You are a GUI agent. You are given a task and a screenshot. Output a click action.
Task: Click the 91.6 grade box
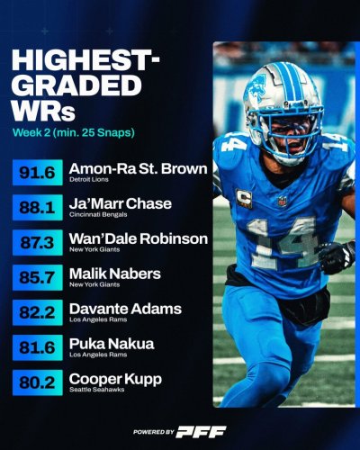[x=38, y=173]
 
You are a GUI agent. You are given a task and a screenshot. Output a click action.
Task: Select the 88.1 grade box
[x=38, y=207]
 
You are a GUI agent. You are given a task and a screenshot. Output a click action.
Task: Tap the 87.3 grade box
[x=38, y=242]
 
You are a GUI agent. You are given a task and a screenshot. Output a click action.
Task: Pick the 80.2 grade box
[x=38, y=382]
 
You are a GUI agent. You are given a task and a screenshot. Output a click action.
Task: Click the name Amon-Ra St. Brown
[x=139, y=169]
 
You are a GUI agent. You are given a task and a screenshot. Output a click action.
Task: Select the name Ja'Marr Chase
[x=121, y=203]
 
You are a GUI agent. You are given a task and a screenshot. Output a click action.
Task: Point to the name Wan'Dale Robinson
[x=139, y=238]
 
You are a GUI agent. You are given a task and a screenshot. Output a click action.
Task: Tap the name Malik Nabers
[x=115, y=274]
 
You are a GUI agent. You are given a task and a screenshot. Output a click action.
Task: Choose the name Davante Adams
[x=125, y=309]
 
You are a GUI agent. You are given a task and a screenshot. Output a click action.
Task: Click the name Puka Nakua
[x=112, y=344]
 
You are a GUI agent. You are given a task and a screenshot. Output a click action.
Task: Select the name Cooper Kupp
[x=115, y=380]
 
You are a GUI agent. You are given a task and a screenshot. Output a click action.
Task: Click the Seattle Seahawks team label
[x=97, y=390]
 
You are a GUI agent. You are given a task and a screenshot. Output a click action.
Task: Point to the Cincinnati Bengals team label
[x=98, y=214]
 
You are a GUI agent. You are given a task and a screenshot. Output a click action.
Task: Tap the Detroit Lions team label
[x=89, y=179]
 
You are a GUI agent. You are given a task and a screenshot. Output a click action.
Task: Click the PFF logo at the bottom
[x=201, y=432]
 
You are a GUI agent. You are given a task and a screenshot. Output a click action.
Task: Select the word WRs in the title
[x=43, y=112]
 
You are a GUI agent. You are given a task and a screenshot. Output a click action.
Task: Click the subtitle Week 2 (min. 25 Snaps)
[x=74, y=132]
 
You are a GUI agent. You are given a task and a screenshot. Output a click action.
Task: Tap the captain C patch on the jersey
[x=244, y=198]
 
